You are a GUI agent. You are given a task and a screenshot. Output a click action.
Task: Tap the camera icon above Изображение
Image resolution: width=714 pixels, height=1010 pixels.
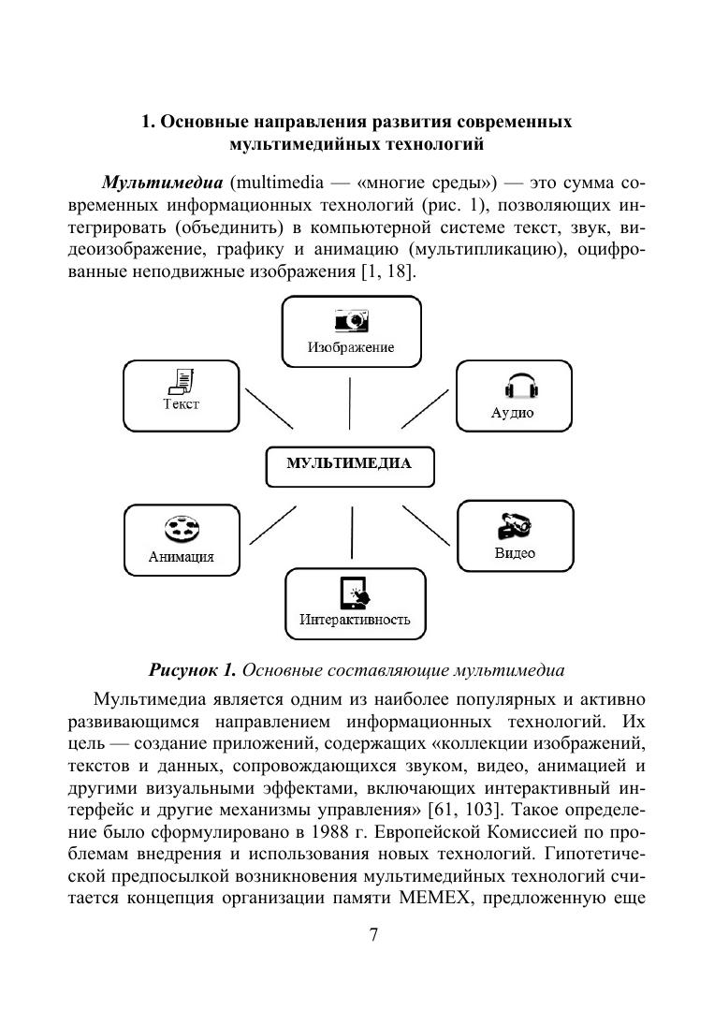[351, 320]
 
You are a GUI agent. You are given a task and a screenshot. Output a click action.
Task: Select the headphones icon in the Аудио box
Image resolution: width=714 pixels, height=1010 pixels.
[512, 387]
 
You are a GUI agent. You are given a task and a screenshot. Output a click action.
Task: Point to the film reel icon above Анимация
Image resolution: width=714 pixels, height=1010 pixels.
[181, 530]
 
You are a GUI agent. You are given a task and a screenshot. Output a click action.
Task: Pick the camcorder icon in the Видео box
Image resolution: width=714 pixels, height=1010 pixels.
[514, 525]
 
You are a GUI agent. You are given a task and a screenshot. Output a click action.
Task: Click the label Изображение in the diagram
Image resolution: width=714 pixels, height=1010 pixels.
[351, 347]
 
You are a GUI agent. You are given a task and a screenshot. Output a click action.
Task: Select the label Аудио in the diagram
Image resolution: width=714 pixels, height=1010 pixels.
[512, 413]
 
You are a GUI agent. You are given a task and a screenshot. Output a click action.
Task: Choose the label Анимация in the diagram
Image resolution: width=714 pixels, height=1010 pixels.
[181, 556]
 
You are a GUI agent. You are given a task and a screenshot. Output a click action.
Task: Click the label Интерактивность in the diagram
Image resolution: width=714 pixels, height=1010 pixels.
[355, 620]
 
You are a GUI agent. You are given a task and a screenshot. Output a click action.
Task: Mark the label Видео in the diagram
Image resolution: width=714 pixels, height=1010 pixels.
[515, 553]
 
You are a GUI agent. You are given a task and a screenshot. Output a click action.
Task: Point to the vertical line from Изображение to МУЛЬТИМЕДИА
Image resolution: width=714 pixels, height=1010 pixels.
[350, 403]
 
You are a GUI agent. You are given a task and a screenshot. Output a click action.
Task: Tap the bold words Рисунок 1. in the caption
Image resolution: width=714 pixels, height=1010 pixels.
[192, 670]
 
